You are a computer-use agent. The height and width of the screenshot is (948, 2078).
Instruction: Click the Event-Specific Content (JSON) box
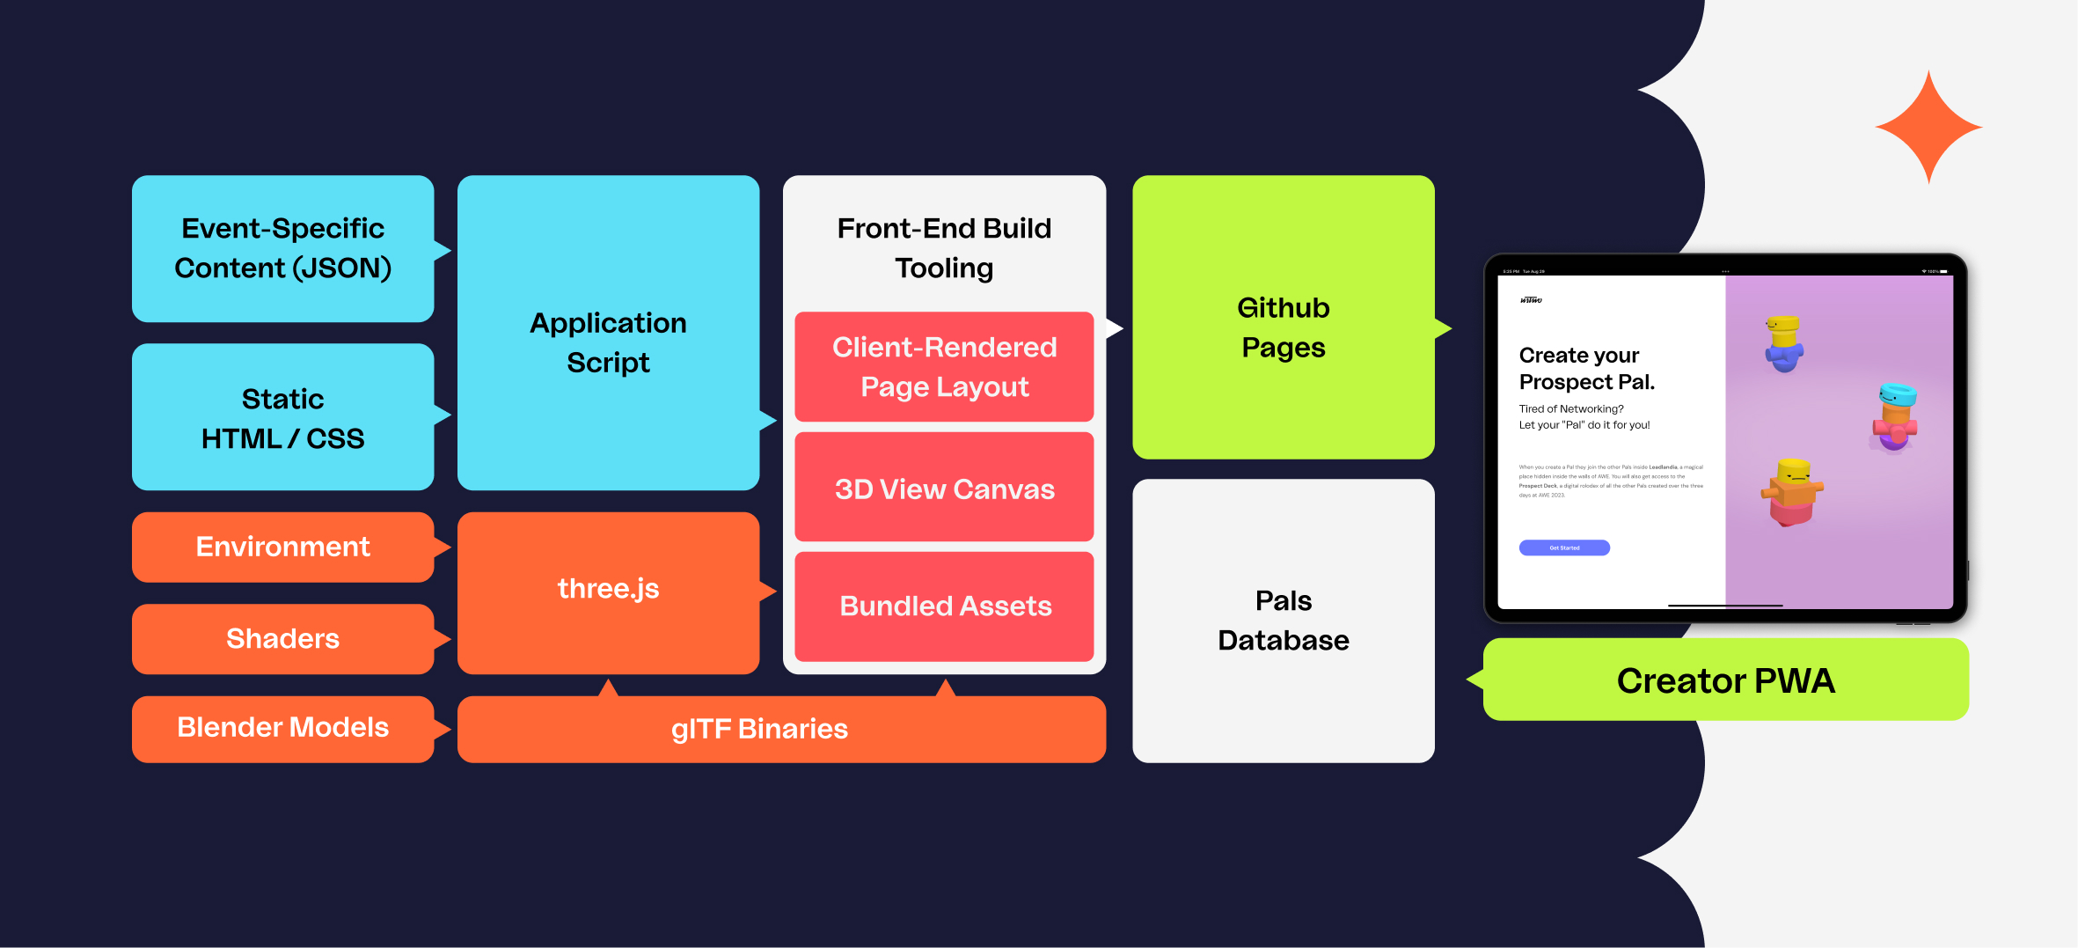(x=282, y=248)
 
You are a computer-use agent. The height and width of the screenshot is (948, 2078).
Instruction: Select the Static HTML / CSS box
(x=282, y=417)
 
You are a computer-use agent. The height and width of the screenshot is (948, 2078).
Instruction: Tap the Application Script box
(x=608, y=342)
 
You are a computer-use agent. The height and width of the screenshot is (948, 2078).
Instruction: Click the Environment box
(x=282, y=547)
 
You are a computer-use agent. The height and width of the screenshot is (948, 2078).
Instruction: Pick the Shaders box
(x=282, y=638)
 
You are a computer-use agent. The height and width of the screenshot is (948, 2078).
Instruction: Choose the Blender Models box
(x=282, y=728)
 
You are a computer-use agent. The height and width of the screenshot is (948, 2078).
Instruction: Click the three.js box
(x=608, y=589)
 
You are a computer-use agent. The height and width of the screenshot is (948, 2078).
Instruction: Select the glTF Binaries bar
(x=759, y=729)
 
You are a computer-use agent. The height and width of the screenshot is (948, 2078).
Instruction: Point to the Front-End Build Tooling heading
(x=944, y=247)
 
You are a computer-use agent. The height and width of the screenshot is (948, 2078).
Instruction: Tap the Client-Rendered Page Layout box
(x=944, y=367)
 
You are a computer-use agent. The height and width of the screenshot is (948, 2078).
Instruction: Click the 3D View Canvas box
(x=944, y=489)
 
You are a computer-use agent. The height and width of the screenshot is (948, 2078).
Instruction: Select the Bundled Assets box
(x=944, y=606)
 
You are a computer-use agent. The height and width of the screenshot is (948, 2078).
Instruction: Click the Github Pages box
(x=1283, y=327)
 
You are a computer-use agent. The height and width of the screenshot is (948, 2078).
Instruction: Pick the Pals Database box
(x=1283, y=621)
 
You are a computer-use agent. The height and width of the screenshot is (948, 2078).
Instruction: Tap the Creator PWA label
(x=1725, y=680)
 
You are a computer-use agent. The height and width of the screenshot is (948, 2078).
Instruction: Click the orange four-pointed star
(x=1928, y=128)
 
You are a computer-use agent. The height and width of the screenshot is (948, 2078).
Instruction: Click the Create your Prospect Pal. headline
(x=1586, y=369)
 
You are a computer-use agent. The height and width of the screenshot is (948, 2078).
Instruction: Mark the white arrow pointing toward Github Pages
(x=1115, y=328)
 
